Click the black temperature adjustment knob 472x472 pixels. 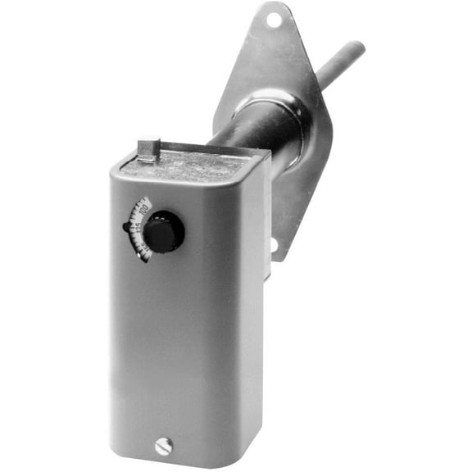(165, 232)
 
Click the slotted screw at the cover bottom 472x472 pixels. (163, 447)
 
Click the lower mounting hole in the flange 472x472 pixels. (275, 243)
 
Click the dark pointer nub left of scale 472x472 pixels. (128, 227)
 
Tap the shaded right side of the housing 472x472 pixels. (259, 311)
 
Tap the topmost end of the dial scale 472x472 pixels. (148, 199)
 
